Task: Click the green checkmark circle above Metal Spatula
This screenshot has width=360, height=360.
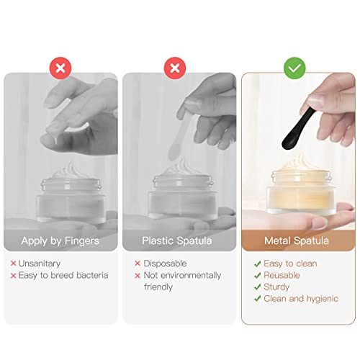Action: (x=294, y=68)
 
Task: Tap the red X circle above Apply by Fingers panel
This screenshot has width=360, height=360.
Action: (x=60, y=68)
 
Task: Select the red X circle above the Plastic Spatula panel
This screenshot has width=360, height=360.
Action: (x=175, y=68)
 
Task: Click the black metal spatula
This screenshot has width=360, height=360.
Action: (x=298, y=129)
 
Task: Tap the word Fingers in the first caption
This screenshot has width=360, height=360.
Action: (x=82, y=241)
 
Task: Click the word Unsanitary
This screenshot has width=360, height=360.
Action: (x=40, y=264)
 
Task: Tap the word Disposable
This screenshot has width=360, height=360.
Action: (x=165, y=264)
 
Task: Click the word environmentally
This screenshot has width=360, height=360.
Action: (x=191, y=276)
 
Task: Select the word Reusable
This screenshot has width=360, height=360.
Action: (x=282, y=275)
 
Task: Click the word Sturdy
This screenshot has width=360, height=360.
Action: (x=276, y=287)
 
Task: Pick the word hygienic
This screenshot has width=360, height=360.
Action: (x=323, y=299)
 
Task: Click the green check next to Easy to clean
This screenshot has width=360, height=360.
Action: (x=257, y=264)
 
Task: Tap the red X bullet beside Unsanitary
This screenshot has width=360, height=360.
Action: (x=14, y=264)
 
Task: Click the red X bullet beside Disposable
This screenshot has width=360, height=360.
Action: (x=138, y=264)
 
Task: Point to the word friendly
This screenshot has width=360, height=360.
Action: (x=158, y=287)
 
